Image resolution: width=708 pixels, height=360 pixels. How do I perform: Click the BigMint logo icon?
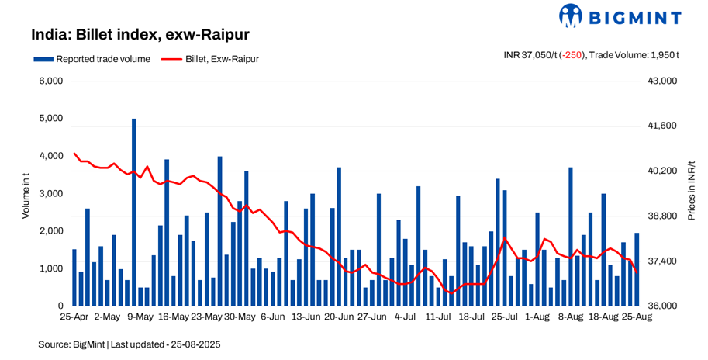pos(571,16)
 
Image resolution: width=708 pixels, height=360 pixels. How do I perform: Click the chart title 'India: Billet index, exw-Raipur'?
pos(139,35)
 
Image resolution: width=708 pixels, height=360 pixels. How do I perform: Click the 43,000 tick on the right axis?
pos(662,81)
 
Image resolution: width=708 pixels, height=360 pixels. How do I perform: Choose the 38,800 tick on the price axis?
pos(662,216)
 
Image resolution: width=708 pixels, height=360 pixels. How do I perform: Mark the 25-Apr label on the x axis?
pos(74,317)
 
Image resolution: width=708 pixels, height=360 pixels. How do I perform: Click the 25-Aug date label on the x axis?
pos(636,317)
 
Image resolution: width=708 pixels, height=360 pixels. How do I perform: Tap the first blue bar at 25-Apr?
pos(74,278)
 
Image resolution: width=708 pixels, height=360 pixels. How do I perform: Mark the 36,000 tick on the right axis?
pos(662,306)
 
